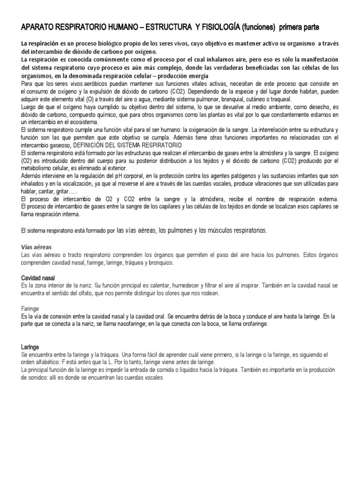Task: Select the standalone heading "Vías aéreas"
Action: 37,247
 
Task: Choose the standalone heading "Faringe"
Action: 30,309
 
